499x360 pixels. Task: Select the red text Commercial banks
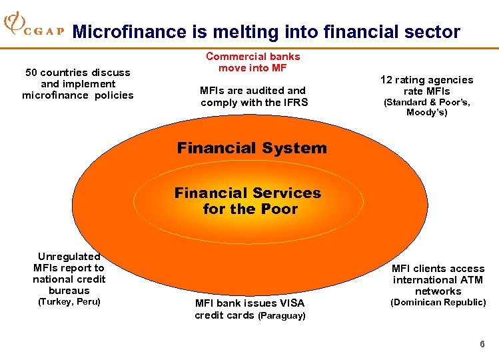tap(253, 57)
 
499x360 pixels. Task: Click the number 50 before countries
tap(31, 72)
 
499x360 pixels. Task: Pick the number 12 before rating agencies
tap(387, 80)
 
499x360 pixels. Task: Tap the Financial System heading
tap(252, 148)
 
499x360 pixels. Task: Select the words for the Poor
tap(250, 209)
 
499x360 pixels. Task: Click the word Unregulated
tap(69, 257)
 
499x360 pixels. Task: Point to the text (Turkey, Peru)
tap(69, 302)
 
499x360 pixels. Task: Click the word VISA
tap(290, 303)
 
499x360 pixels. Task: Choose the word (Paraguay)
tap(281, 315)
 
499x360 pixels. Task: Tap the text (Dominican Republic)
tap(438, 303)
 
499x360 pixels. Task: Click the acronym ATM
tap(472, 280)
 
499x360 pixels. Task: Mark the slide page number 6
tap(482, 344)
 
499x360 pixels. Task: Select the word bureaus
tap(69, 291)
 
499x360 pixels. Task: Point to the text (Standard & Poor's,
tap(426, 103)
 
